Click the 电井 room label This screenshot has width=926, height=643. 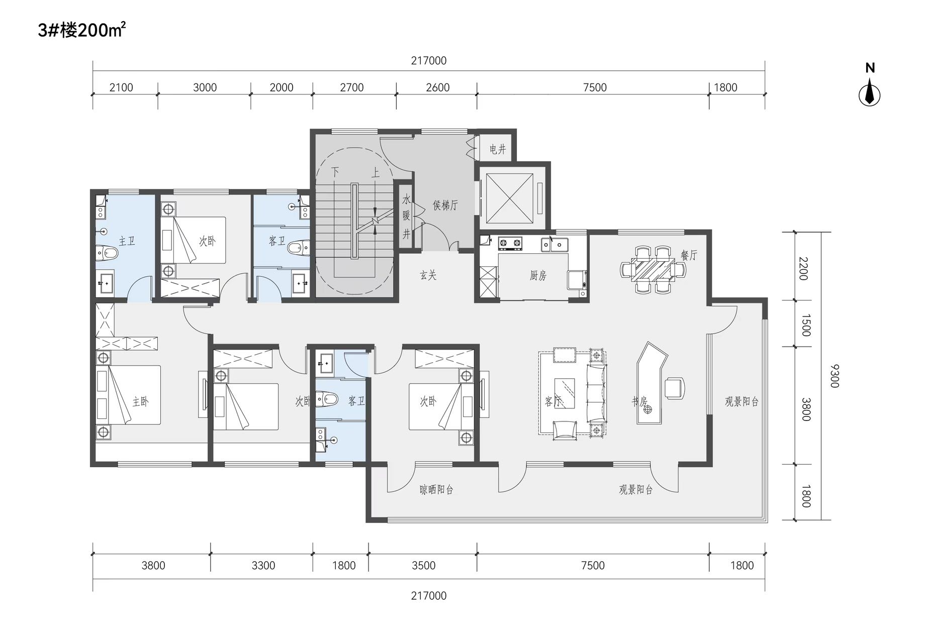click(497, 149)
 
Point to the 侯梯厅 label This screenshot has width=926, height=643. click(445, 205)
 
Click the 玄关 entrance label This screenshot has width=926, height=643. click(428, 275)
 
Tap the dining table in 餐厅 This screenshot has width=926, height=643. click(654, 269)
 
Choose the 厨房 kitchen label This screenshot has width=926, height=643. click(538, 275)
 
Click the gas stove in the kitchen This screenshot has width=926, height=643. click(510, 244)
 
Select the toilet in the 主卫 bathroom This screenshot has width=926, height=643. click(107, 253)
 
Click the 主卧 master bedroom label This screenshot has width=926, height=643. click(140, 401)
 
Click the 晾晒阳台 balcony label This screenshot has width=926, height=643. click(436, 489)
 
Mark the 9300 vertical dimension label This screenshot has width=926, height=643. click(835, 376)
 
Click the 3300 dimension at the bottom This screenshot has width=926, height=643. click(263, 566)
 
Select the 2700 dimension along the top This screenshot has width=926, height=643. click(352, 87)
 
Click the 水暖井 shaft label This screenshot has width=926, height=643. click(406, 217)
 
